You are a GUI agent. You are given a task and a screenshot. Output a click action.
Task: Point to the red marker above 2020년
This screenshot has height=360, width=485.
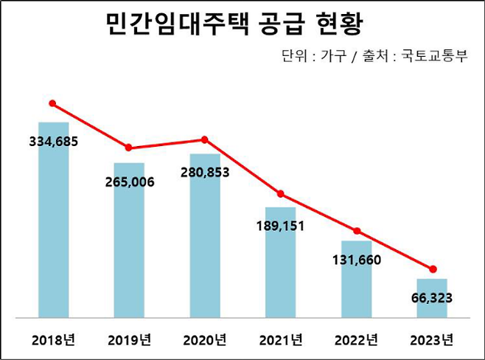(205, 139)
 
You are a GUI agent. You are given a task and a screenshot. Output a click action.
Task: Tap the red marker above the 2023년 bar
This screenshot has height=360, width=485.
(433, 269)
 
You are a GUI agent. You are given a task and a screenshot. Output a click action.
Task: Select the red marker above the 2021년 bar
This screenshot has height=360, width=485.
(281, 194)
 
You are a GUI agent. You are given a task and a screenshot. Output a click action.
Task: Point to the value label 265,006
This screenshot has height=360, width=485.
(129, 182)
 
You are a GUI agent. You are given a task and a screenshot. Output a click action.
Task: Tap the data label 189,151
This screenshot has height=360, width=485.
(281, 226)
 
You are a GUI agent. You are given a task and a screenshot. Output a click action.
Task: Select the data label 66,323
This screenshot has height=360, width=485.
(433, 299)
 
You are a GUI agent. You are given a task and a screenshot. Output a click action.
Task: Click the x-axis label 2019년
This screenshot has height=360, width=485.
(129, 340)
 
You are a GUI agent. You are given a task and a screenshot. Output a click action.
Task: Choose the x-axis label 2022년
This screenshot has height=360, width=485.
(357, 340)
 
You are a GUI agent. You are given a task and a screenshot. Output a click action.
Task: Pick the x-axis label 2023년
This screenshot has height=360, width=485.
(433, 340)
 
